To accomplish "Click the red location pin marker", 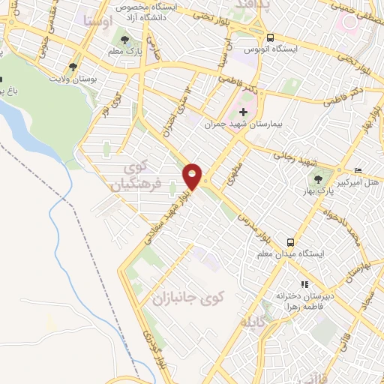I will [193, 176].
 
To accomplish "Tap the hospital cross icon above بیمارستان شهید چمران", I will [241, 112].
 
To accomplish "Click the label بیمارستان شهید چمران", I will [242, 124].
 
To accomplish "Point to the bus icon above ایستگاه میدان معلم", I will [289, 242].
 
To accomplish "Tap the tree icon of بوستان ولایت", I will [72, 66].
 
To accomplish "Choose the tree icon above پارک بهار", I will [318, 179].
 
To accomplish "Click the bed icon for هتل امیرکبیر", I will [357, 170].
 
